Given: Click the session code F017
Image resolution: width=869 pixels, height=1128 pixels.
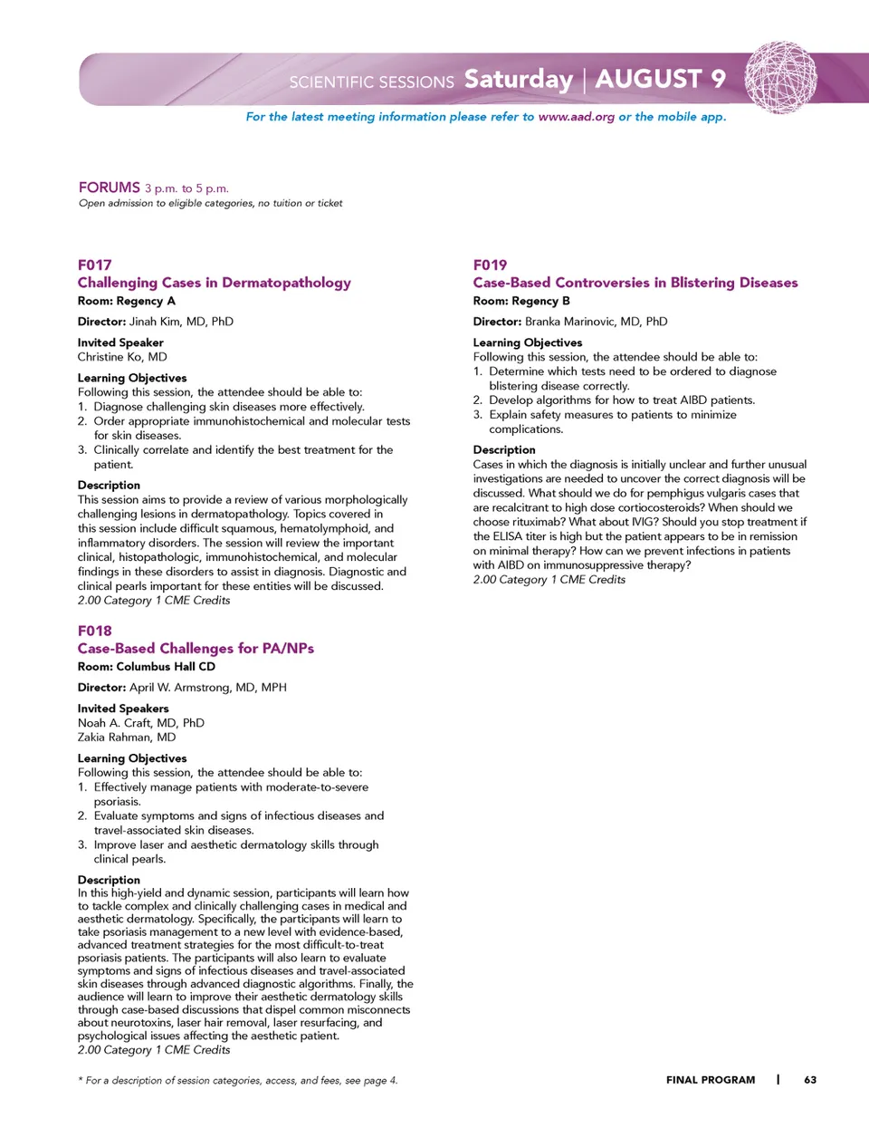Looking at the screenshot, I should click(94, 265).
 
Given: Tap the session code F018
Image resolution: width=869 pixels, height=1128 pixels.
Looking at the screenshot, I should click(94, 631).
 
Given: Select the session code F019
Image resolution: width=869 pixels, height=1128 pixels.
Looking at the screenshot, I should click(490, 265).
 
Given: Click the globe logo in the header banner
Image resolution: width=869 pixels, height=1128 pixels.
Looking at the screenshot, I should click(780, 77).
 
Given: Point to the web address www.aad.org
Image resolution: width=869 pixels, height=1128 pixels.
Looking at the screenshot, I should click(576, 117).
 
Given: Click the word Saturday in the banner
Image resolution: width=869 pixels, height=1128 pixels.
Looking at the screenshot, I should click(518, 80).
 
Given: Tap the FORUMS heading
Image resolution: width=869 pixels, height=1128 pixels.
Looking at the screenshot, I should click(109, 188).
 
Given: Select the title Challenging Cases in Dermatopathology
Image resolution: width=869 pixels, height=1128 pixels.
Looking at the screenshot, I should click(214, 283).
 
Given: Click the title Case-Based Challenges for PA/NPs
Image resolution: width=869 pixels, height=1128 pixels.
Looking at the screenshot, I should click(196, 649).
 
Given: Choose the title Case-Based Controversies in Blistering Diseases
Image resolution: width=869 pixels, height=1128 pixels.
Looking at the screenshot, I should click(635, 283).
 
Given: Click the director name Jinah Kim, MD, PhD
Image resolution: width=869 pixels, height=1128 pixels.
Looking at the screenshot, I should click(181, 322).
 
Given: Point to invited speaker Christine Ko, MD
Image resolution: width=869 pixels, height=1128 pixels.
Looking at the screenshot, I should click(122, 357).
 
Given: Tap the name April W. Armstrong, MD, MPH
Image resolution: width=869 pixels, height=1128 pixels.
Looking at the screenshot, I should click(207, 688).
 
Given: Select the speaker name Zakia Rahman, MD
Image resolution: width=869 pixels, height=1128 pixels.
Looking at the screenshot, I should click(127, 738).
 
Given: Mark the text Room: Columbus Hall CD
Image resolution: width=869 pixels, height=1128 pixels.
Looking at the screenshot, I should click(146, 667).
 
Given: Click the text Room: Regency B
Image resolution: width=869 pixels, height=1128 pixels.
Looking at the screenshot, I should click(520, 301).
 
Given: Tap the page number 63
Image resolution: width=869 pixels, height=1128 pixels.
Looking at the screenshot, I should click(810, 1080).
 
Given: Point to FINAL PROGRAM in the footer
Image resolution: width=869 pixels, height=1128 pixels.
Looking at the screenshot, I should click(710, 1080).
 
